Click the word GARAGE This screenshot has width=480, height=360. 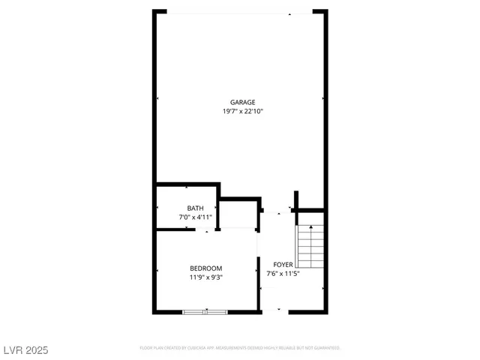(x=242, y=103)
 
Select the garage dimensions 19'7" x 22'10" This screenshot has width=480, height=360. (x=242, y=112)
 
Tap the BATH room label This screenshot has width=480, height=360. (x=195, y=208)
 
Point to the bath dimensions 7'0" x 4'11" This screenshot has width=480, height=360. (x=195, y=217)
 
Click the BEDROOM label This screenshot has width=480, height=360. (x=205, y=268)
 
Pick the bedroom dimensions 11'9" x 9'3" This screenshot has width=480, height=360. (x=205, y=277)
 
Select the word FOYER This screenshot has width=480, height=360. (x=283, y=265)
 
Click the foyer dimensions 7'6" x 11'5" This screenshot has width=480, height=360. (x=283, y=274)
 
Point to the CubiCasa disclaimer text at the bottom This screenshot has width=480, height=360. (x=240, y=348)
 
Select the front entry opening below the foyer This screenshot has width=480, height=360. (x=280, y=310)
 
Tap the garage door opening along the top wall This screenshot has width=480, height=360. (x=240, y=12)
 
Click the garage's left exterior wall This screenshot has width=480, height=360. (x=155, y=97)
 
